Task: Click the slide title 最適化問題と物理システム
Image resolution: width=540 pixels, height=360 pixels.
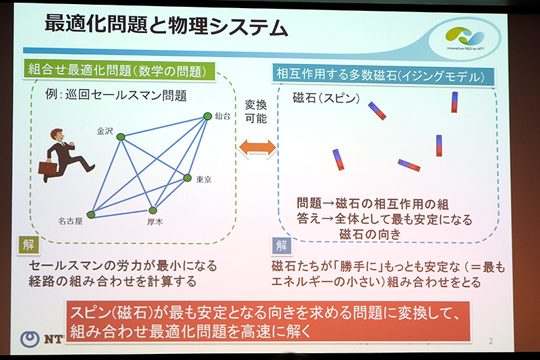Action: pos(166,26)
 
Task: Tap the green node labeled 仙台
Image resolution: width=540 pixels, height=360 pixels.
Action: pos(208,117)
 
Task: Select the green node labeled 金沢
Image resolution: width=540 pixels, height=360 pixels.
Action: pos(121,137)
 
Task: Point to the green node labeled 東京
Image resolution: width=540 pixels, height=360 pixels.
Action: pos(188,178)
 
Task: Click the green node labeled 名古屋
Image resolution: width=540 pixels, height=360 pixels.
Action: pos(90,215)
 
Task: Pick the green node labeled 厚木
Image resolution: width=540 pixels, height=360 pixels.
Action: pos(153,210)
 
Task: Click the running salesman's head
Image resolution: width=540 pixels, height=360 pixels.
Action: pos(55,136)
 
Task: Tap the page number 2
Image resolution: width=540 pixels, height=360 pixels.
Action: pos(490,341)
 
